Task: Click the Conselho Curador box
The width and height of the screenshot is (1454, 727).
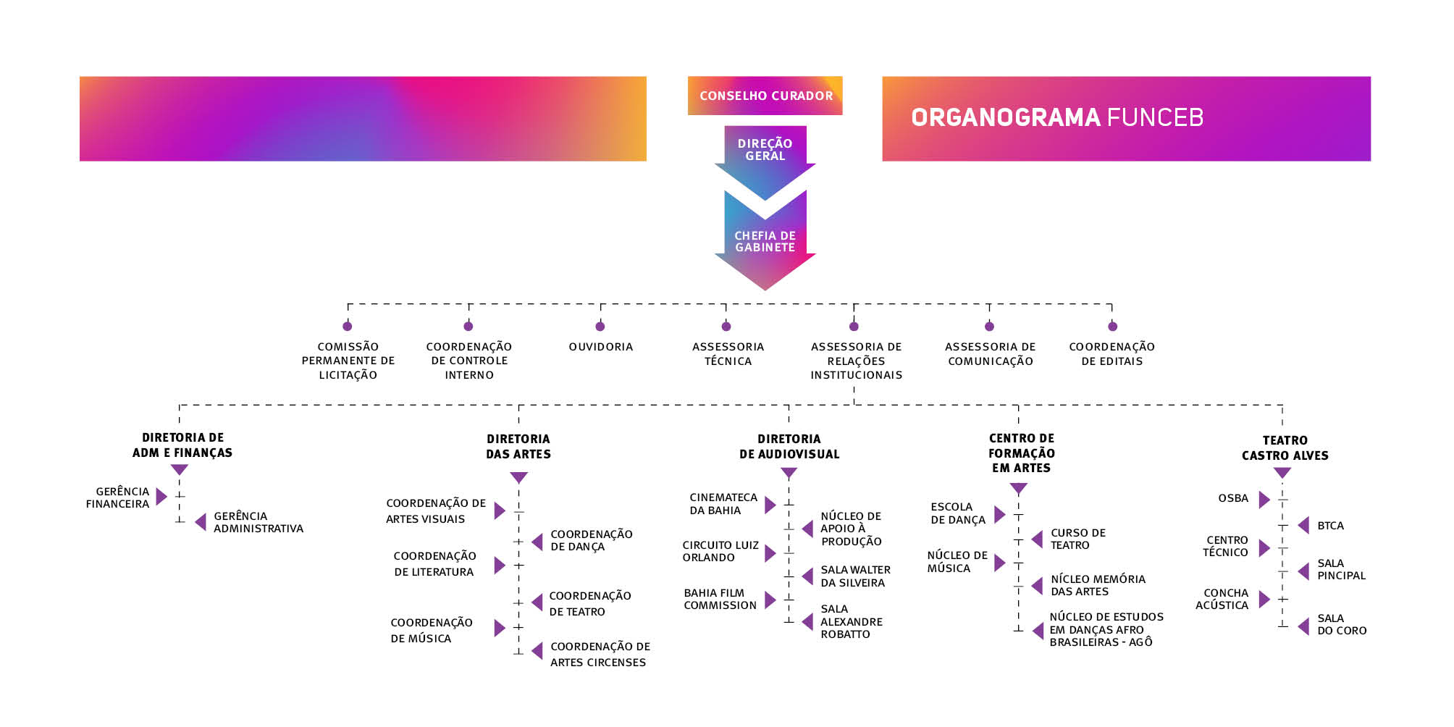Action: (765, 96)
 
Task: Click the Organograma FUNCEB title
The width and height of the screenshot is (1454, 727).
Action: (1056, 117)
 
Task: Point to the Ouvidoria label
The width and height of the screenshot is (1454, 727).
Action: (600, 347)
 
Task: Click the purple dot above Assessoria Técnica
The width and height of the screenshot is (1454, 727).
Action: (726, 327)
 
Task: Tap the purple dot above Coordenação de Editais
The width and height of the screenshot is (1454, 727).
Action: (1112, 327)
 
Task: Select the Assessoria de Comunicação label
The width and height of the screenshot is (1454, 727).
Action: (990, 354)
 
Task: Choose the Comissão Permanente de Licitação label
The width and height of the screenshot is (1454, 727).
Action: (348, 361)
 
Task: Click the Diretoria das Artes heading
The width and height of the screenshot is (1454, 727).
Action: (518, 447)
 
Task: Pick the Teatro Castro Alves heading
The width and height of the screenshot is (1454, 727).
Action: (1285, 448)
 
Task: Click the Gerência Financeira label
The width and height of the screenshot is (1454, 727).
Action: (118, 497)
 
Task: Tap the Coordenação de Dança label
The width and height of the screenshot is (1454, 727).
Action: (591, 540)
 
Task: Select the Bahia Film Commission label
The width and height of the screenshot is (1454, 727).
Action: (720, 599)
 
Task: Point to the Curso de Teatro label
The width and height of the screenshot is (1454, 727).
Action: (1077, 539)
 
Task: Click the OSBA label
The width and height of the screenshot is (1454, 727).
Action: (1233, 498)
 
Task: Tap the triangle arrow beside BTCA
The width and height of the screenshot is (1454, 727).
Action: (1303, 526)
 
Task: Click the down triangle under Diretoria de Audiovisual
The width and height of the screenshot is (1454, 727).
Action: (789, 474)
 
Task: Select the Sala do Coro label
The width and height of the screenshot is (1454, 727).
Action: (1341, 624)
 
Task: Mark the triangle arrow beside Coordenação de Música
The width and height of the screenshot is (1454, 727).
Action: (499, 628)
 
